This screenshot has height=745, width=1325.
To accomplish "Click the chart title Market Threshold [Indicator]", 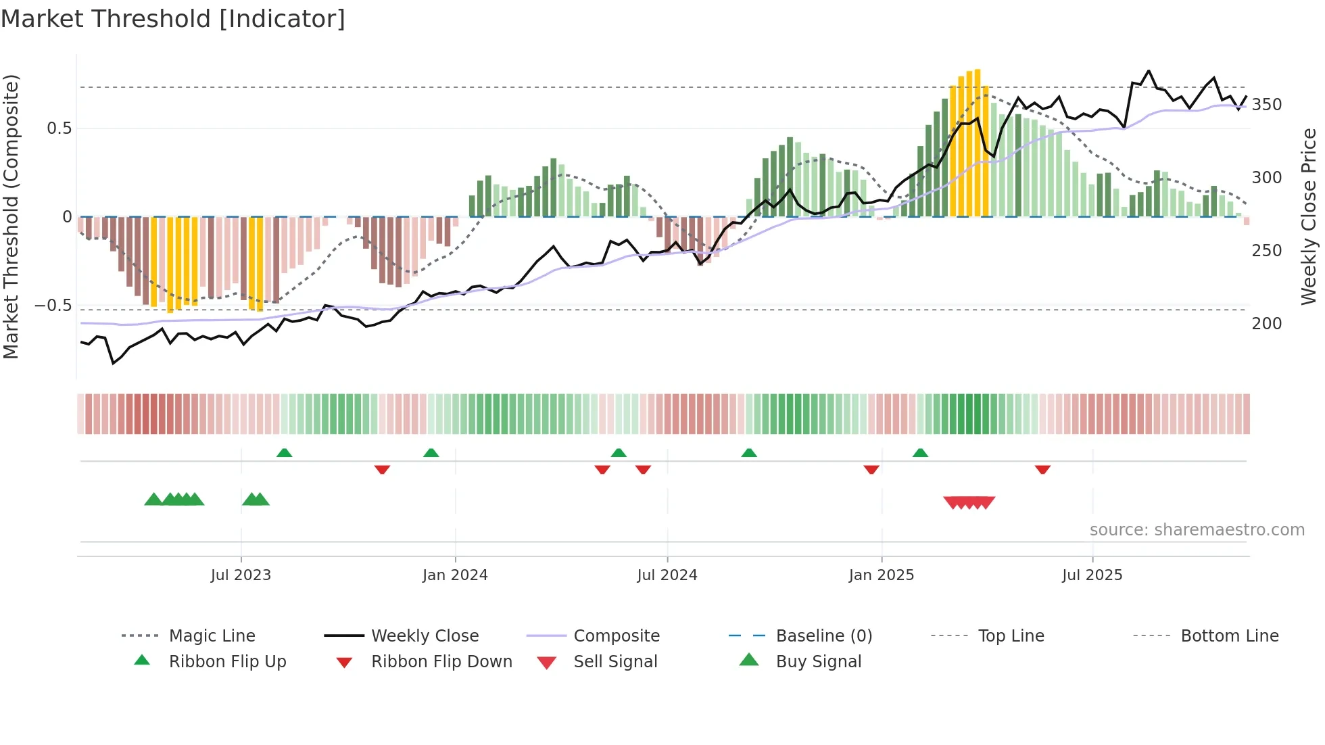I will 173,19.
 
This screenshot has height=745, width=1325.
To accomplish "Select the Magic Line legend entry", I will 212,635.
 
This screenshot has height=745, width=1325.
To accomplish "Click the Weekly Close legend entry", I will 425,635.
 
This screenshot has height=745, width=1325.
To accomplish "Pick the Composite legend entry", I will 616,635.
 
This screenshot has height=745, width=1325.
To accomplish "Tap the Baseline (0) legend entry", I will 823,635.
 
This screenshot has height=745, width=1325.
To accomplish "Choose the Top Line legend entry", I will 1011,635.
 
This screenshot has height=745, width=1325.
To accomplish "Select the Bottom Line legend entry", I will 1229,635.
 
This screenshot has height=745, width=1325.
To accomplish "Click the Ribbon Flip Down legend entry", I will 441,661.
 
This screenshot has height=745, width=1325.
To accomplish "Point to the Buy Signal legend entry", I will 818,661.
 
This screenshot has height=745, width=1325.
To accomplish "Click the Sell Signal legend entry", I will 615,661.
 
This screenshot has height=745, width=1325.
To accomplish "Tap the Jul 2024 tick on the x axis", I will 667,575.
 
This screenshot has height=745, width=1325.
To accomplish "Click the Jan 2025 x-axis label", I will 881,575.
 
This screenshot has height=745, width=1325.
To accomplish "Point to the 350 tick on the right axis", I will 1266,105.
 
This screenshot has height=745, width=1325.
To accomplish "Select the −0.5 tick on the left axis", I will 53,306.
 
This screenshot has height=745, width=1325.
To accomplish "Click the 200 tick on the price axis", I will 1266,324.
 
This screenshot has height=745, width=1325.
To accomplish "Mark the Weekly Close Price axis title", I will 1309,216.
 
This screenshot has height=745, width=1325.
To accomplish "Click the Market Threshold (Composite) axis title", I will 11,216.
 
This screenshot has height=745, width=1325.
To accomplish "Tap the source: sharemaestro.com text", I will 1197,530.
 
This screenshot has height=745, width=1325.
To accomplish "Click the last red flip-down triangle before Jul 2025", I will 1042,468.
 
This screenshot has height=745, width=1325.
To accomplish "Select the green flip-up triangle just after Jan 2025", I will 920,453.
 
